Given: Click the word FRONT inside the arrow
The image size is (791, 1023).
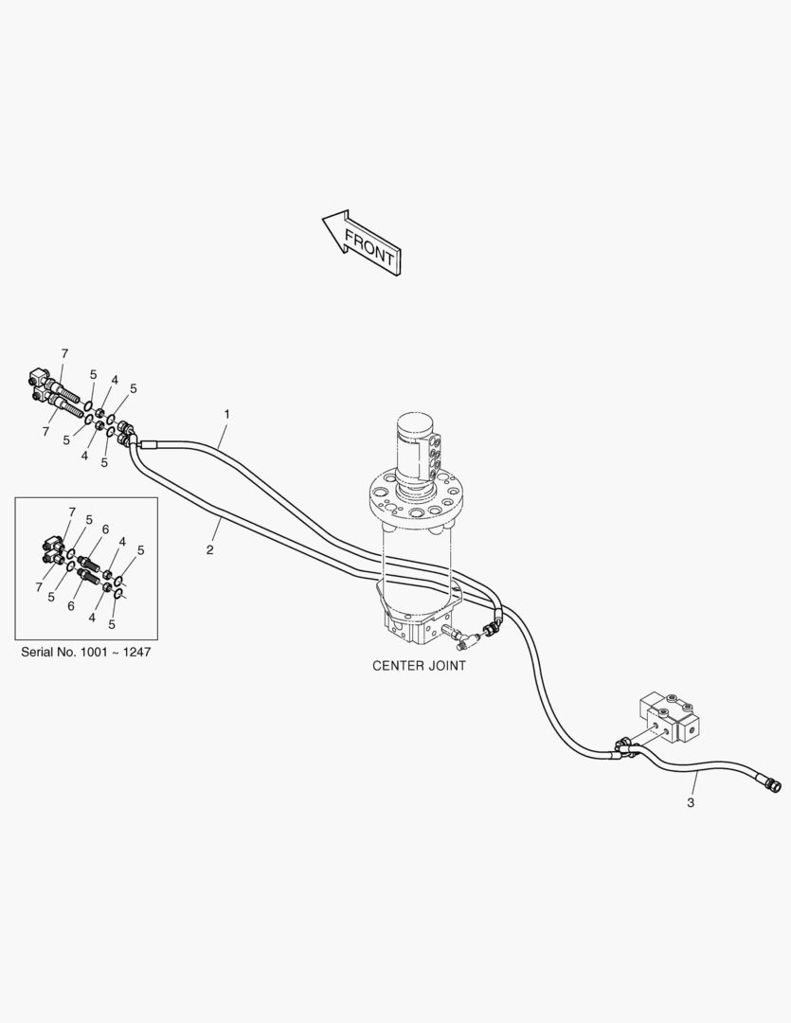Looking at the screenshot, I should pos(369,248).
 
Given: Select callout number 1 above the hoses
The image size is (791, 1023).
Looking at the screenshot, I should pos(226,414).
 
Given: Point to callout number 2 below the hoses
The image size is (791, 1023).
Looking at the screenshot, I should pos(210,549).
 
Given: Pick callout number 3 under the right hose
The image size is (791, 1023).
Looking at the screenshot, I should pos(691,802).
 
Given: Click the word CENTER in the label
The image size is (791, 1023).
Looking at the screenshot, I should pos(398,666).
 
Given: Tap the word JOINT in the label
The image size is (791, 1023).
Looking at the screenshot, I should pos(445,666).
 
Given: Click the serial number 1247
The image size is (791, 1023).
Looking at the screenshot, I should pos(135,654).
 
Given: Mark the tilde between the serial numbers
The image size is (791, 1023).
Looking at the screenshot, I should pos(114,654).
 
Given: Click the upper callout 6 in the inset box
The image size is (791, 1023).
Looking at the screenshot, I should pos(105,529).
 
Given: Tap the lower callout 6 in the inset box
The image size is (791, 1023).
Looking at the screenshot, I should pos(72,605).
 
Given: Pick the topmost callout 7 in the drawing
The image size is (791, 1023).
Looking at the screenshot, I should pos(64,353).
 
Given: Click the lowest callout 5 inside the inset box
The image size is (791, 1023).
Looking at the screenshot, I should pos(113,624).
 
